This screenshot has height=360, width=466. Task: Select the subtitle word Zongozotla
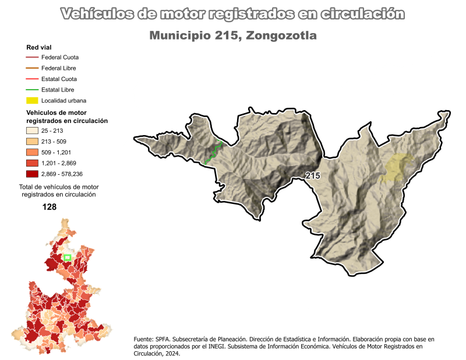click(281, 36)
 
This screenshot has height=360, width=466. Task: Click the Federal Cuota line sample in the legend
click(32, 58)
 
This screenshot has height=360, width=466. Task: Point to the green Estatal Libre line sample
click(32, 90)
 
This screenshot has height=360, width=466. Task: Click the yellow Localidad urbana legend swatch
click(32, 100)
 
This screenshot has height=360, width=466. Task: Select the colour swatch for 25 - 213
click(32, 131)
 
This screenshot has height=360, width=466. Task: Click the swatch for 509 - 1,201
click(32, 152)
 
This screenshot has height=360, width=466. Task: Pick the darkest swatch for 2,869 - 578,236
click(32, 174)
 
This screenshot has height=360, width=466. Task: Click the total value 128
click(50, 207)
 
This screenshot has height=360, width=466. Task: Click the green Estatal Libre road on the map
click(213, 153)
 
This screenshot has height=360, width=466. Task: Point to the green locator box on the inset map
click(67, 257)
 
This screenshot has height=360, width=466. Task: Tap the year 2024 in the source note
click(171, 353)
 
